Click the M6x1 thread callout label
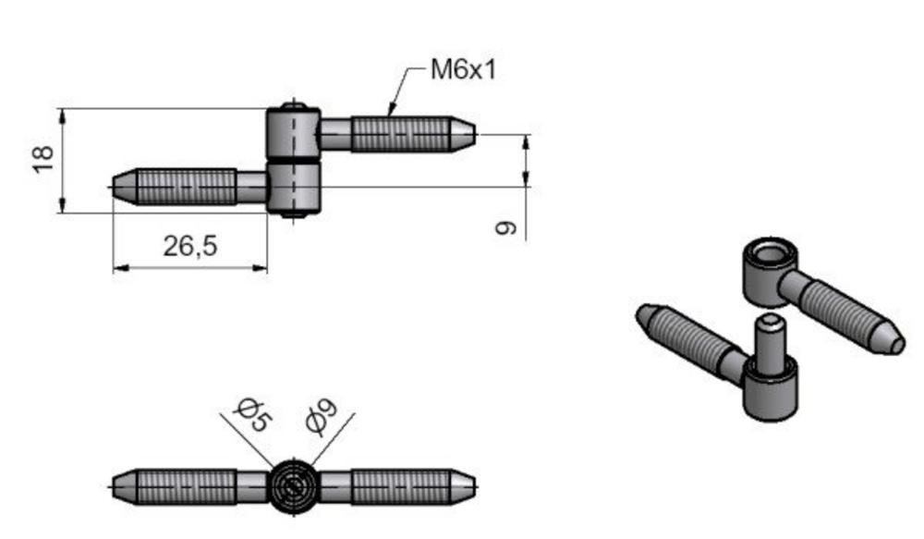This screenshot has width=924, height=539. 463,69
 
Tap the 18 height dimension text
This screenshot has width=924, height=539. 43,158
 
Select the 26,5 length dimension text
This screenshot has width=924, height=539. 189,246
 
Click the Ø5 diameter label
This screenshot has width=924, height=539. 251,414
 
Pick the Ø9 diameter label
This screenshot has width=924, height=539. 322,416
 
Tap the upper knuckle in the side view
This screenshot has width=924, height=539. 294,133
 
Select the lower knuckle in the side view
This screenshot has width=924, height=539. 294,188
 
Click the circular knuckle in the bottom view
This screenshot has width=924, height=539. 293,484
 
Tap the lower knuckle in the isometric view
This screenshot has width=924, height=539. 772,393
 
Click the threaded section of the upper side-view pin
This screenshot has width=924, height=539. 397,135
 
